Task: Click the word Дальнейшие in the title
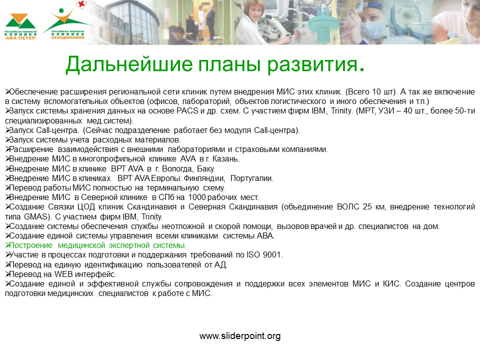coord(129,64)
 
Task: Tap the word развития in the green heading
coord(312,64)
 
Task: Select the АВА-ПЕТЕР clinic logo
coord(20,26)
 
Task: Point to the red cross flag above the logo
coord(81,4)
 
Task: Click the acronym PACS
coord(187,111)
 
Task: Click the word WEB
coord(63,274)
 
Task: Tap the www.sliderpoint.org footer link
coord(240,336)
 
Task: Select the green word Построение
coord(31,245)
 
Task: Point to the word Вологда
coord(177,168)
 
